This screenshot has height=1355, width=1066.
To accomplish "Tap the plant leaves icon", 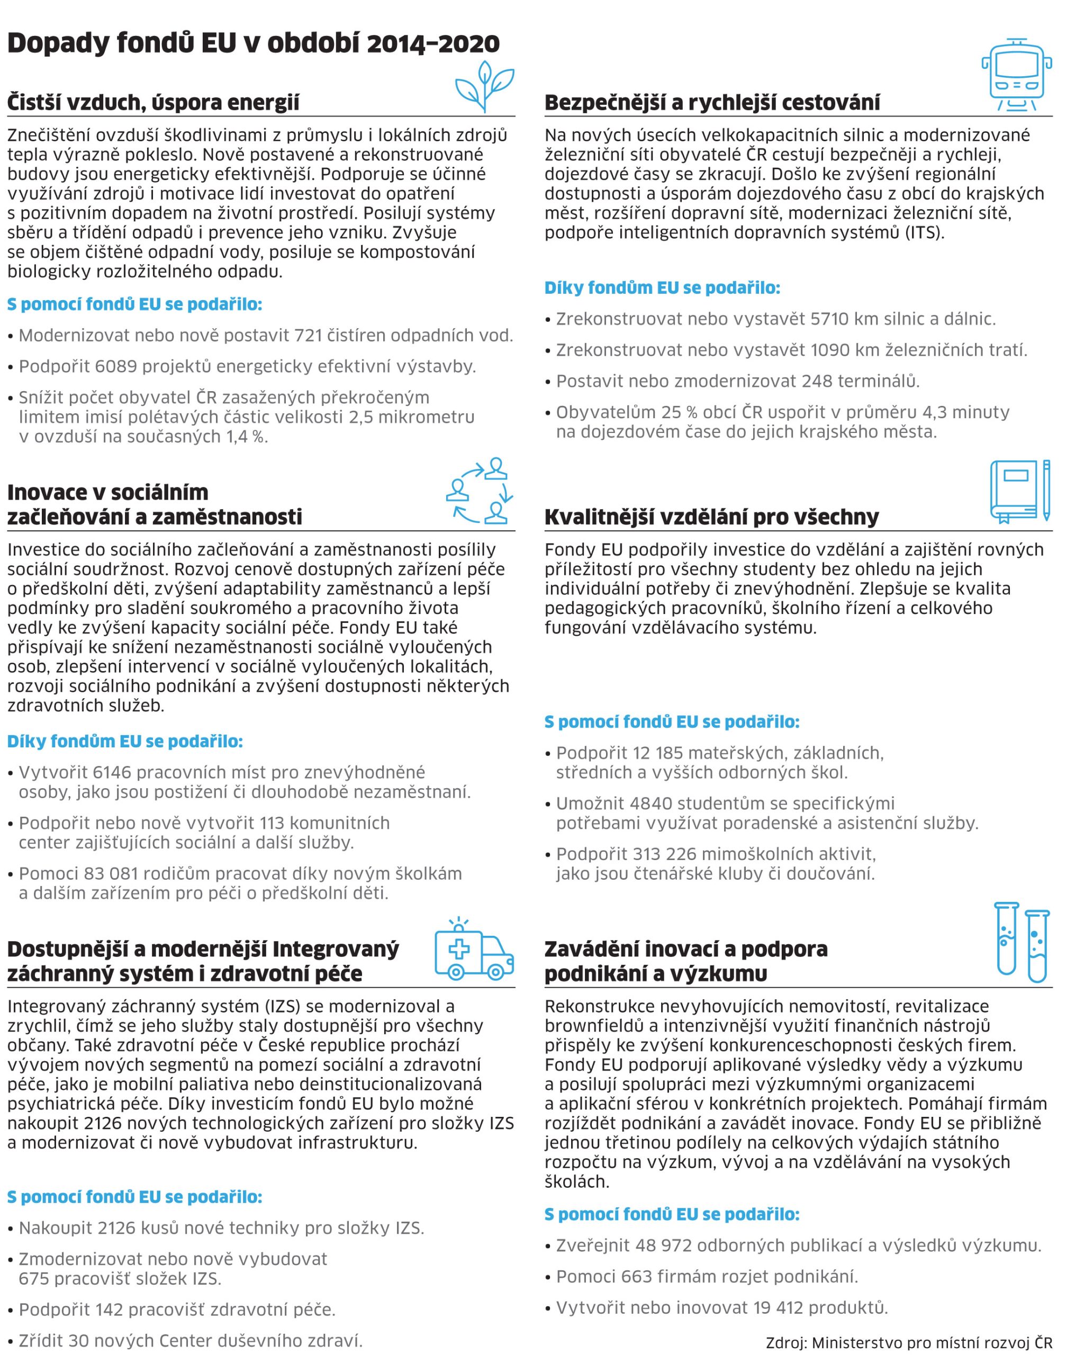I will (484, 87).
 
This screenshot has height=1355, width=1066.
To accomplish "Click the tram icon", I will (1017, 75).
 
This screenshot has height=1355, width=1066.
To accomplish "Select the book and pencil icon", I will (1020, 491).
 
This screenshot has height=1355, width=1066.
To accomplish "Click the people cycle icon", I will (480, 491).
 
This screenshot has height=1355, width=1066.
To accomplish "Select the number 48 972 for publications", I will (663, 1246).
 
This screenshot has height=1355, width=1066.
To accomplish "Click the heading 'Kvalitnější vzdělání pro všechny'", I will (711, 518).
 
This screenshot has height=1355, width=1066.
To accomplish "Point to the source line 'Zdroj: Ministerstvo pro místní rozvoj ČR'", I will (909, 1341).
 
